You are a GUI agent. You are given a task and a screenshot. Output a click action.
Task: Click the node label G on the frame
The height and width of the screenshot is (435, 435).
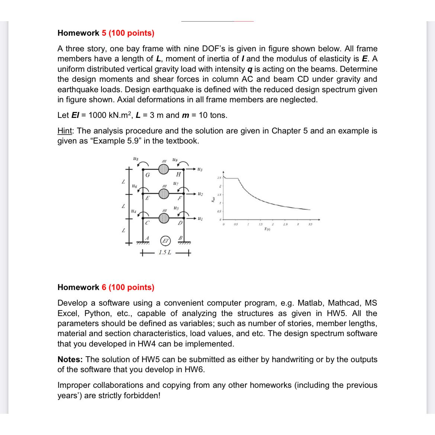coord(148,175)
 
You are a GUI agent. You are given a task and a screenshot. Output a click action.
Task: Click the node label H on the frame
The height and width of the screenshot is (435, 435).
coord(178,175)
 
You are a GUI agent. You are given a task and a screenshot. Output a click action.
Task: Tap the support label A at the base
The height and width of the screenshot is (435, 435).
coord(147,238)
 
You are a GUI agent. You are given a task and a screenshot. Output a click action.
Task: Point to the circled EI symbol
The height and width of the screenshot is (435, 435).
coord(163,241)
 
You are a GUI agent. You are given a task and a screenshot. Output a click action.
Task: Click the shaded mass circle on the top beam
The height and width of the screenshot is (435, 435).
coord(164,170)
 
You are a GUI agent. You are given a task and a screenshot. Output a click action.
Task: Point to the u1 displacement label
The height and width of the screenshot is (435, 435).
coord(200,218)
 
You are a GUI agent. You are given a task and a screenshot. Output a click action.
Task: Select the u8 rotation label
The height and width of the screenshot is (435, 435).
coord(135,159)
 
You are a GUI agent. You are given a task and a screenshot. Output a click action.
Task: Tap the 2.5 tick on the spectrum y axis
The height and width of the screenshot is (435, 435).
coord(219,178)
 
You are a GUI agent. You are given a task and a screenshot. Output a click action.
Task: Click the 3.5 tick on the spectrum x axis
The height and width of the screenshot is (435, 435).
coord(309,224)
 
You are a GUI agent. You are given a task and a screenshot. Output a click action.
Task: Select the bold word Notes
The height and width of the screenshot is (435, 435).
coord(70,360)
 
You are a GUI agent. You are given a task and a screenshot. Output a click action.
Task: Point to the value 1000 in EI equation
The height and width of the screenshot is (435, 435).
coord(99,115)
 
